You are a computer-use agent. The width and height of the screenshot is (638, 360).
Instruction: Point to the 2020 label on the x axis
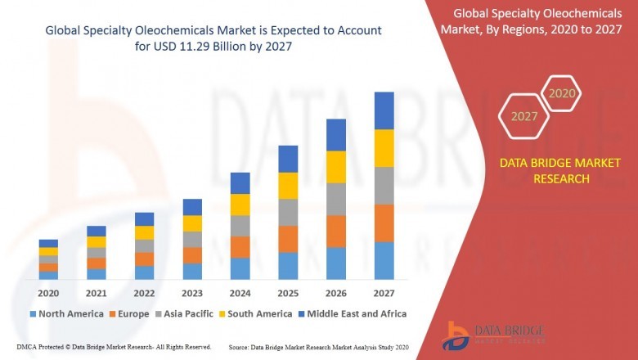coord(48,293)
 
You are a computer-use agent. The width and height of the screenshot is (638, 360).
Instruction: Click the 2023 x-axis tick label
coord(191,293)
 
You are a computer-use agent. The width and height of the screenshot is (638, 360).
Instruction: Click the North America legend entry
coord(66,313)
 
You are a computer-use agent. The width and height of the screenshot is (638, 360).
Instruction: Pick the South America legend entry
coord(258,313)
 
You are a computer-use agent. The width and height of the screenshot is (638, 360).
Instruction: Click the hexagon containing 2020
coord(562,94)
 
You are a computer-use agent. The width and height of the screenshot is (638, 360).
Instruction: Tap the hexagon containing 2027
coord(524,117)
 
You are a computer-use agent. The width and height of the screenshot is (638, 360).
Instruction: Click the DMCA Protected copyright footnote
coord(114,347)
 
